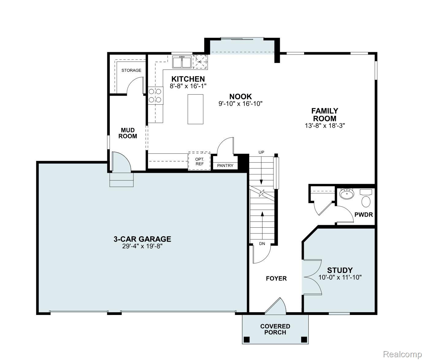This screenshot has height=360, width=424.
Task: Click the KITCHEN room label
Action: click(188, 79)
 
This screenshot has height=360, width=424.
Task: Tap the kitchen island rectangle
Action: click(195, 109)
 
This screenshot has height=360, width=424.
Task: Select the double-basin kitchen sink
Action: click(182, 62)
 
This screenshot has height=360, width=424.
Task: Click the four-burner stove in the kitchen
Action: click(155, 95)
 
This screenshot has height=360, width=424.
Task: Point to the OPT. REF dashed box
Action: click(199, 161)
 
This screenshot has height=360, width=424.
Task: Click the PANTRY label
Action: click(225, 166)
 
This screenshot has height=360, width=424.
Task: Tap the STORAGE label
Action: click(131, 70)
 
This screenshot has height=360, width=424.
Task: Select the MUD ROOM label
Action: click(128, 133)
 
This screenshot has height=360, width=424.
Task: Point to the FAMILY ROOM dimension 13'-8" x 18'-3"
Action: click(324, 125)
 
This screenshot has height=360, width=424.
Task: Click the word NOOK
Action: click(240, 97)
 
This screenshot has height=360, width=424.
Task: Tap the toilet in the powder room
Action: click(366, 201)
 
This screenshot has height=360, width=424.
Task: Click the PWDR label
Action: click(364, 214)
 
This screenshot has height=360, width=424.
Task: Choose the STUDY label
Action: click(340, 270)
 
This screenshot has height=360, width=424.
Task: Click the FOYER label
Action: click(276, 279)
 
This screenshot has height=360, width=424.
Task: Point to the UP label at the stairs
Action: click(261, 152)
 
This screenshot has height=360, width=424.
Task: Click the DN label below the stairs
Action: click(262, 244)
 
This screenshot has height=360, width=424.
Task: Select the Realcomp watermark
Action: click(402, 354)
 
